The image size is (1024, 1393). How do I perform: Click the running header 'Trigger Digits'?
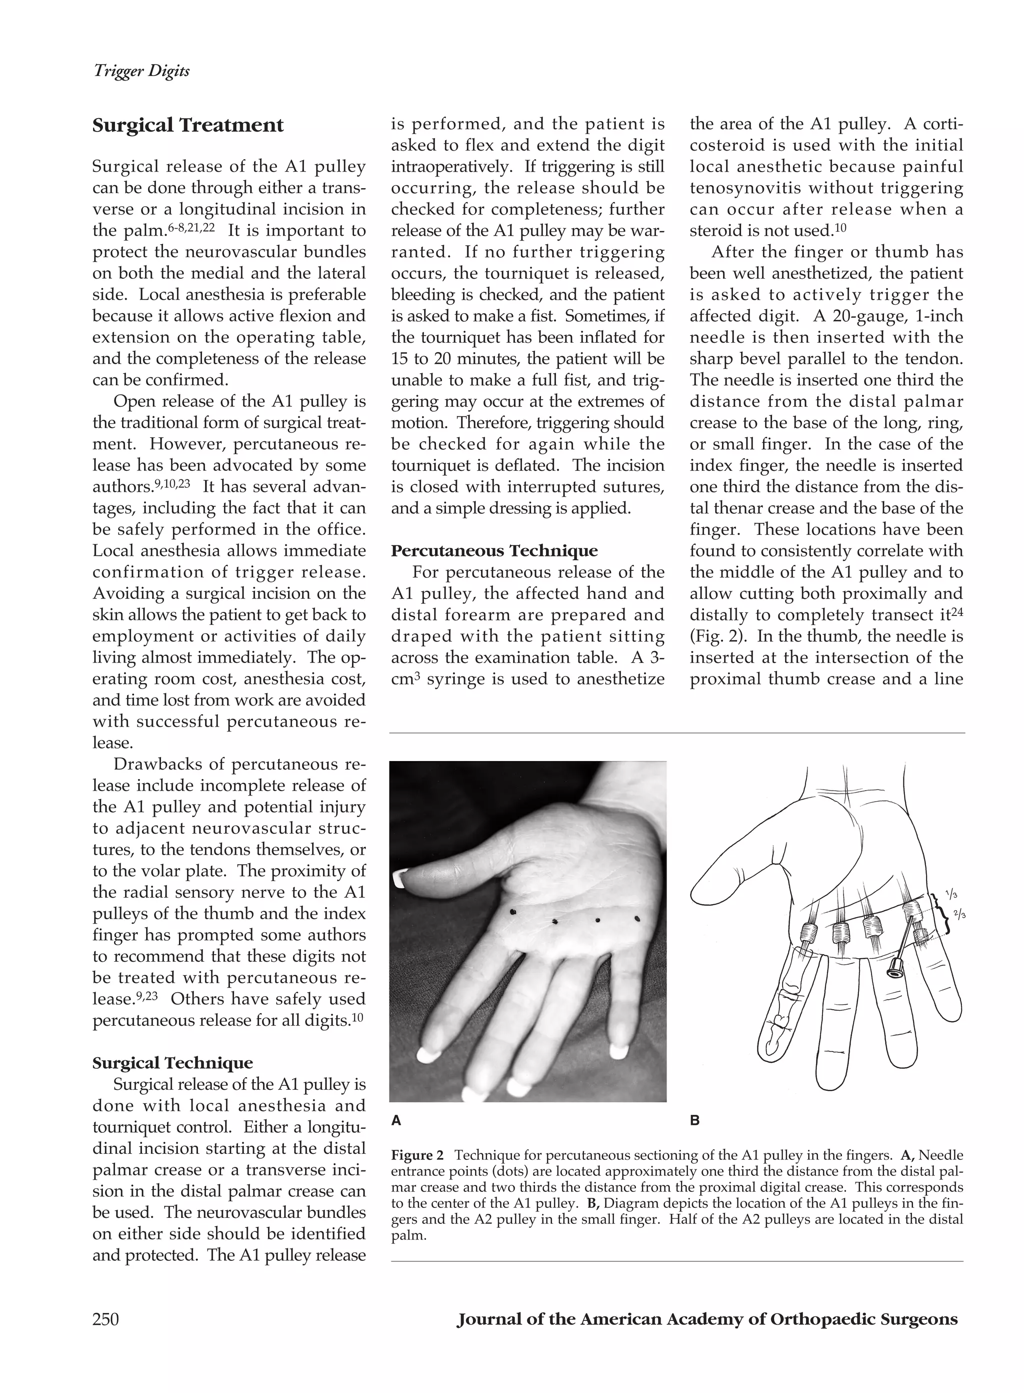point(141,71)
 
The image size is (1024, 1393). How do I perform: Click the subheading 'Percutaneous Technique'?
point(494,551)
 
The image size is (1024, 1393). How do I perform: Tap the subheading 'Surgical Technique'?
point(172,1063)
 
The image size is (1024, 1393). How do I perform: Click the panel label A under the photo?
point(396,1121)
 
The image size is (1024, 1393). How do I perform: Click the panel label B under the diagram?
point(695,1121)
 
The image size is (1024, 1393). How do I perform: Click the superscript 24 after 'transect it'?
point(957,610)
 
